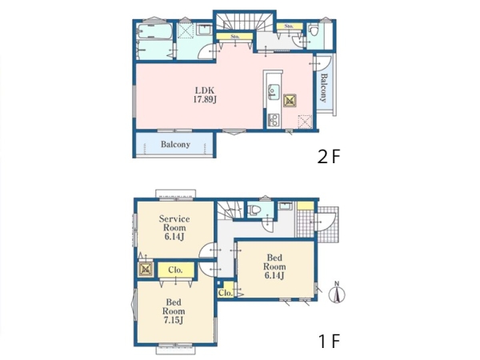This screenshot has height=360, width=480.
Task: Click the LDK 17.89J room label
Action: [205, 95]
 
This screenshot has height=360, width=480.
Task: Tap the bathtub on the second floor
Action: [154, 31]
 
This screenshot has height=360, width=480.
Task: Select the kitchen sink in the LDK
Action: [274, 91]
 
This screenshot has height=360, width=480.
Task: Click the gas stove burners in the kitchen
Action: [274, 120]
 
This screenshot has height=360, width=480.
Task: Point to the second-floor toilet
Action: [313, 31]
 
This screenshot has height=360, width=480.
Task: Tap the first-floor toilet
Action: [254, 210]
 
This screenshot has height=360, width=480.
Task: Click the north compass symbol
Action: [337, 293]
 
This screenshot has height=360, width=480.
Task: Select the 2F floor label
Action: [329, 157]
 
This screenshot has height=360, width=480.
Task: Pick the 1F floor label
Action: [330, 341]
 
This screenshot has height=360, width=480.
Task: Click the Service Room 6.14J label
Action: [174, 227]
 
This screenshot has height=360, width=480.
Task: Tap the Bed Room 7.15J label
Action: [174, 311]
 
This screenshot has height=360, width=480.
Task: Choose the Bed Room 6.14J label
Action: [274, 266]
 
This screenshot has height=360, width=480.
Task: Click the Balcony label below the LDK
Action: [175, 144]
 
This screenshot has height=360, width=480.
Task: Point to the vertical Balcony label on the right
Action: [323, 87]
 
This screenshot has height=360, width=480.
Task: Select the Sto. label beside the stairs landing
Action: [234, 36]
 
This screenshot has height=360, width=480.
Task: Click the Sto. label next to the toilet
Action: [289, 26]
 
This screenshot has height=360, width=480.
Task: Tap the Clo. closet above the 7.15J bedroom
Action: [176, 270]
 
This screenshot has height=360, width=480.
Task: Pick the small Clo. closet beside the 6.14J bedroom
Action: [226, 293]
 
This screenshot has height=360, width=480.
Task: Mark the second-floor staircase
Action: [245, 22]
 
